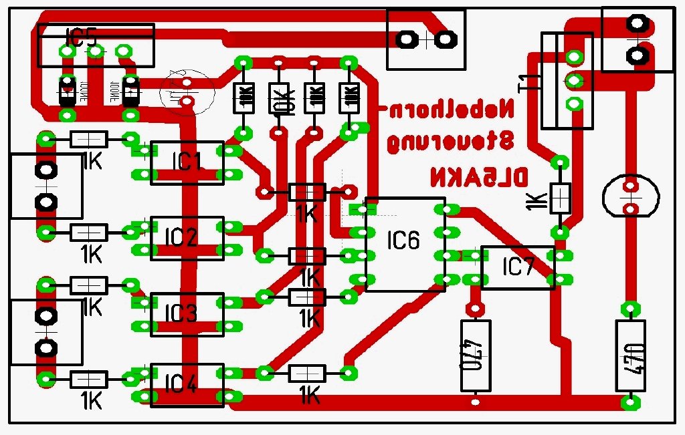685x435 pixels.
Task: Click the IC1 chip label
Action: (x=187, y=161)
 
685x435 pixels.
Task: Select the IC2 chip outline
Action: (x=187, y=238)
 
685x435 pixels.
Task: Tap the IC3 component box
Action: (x=187, y=314)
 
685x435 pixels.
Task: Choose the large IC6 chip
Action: (x=405, y=244)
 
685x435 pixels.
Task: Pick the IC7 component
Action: (x=518, y=268)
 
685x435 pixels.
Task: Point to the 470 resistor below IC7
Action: (x=476, y=355)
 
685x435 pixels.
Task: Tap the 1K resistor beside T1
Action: (x=561, y=198)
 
